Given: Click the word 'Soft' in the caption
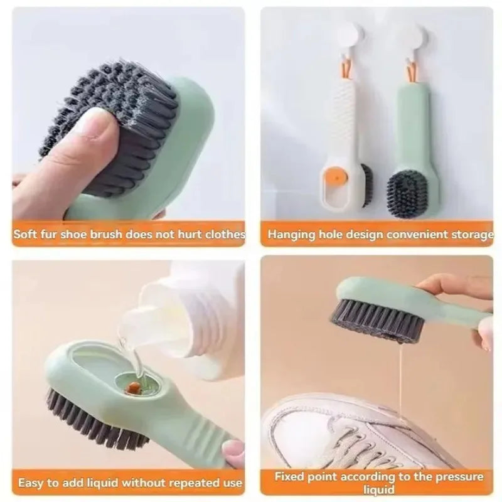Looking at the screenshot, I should (27, 235).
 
